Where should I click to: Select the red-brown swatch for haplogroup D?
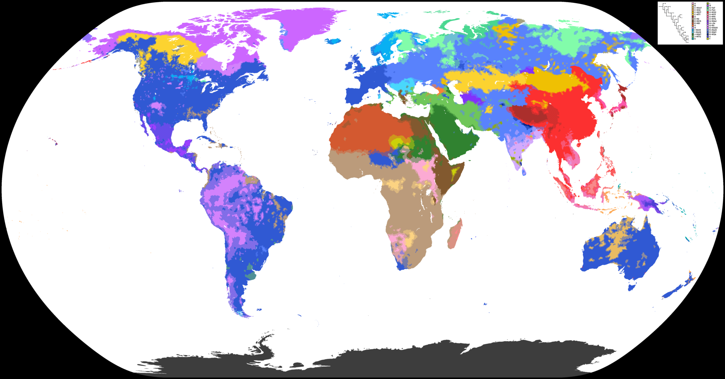click(x=693, y=17)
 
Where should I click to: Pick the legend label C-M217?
click(x=698, y=12)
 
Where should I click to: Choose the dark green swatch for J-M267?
click(x=693, y=34)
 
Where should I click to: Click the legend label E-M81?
click(x=697, y=23)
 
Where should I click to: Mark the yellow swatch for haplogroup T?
click(x=708, y=39)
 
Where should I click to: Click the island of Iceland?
click(x=333, y=41)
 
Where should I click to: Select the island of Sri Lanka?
click(x=524, y=171)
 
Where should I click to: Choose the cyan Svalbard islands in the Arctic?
click(x=388, y=15)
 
